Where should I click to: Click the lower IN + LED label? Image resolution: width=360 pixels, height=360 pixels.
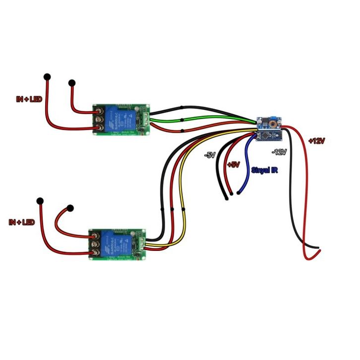pyautogui.click(x=22, y=222)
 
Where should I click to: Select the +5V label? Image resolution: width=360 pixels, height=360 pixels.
pyautogui.click(x=233, y=164)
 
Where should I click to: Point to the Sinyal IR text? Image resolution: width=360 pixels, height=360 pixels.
pyautogui.click(x=264, y=170)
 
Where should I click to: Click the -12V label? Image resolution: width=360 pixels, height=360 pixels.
pyautogui.click(x=279, y=152)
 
